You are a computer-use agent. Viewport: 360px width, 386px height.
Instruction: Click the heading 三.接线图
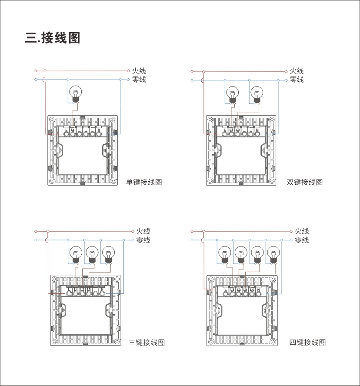click(x=53, y=38)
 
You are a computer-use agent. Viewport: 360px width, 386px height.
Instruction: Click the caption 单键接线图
click(x=144, y=182)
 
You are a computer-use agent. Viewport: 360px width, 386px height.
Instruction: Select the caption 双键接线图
click(x=305, y=182)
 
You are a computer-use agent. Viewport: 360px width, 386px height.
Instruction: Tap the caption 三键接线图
click(x=147, y=343)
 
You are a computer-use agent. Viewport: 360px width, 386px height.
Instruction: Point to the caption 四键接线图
click(x=307, y=343)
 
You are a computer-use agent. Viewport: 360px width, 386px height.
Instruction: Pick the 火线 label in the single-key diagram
click(x=139, y=71)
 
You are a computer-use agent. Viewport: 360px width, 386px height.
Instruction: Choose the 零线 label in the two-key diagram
click(x=297, y=80)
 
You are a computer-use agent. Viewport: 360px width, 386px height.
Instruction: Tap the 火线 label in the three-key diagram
click(x=143, y=231)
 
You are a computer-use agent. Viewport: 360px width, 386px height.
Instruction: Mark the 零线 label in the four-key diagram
click(x=302, y=240)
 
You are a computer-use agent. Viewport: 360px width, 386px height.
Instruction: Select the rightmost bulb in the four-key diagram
click(x=273, y=253)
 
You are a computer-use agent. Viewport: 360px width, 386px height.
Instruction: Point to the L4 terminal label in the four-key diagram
click(x=252, y=289)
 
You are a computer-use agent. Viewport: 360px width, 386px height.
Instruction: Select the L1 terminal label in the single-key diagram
click(x=73, y=130)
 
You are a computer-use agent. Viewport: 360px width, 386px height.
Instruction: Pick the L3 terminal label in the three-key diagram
click(x=89, y=289)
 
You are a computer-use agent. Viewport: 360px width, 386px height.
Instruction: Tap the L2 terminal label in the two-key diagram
click(x=238, y=130)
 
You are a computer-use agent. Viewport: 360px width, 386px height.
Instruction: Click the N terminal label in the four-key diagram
click(x=258, y=289)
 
